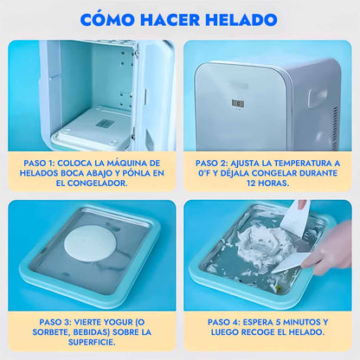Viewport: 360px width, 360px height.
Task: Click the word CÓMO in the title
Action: tap(107, 19)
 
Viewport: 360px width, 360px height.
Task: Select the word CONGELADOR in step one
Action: tap(97, 183)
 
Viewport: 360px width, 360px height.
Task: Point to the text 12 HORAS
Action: tap(267, 183)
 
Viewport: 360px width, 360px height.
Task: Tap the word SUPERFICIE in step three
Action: tap(92, 342)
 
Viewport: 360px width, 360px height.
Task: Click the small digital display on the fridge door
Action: tap(238, 104)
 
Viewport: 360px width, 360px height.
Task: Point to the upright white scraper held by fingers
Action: tap(295, 215)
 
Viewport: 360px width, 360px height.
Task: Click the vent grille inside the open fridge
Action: tap(102, 124)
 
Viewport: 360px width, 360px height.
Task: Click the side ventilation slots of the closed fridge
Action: tap(335, 126)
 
